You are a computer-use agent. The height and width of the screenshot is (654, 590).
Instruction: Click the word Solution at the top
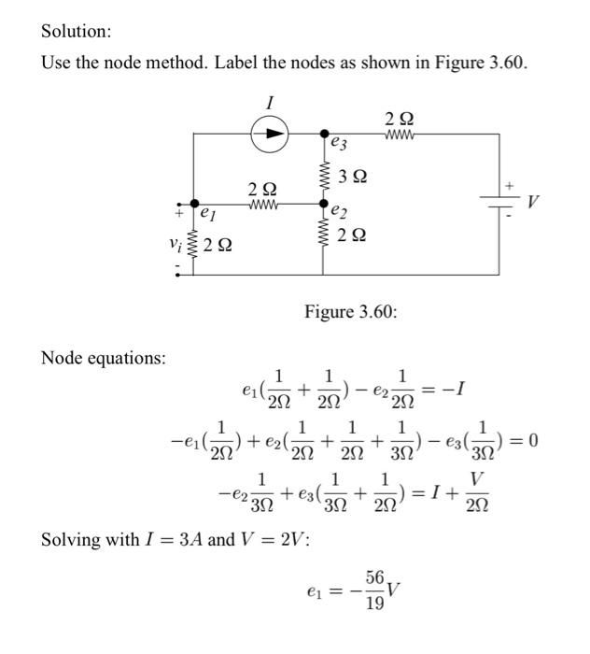76,31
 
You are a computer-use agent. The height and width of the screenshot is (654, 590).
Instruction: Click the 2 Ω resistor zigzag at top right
397,134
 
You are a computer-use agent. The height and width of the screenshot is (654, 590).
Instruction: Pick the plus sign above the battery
509,188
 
